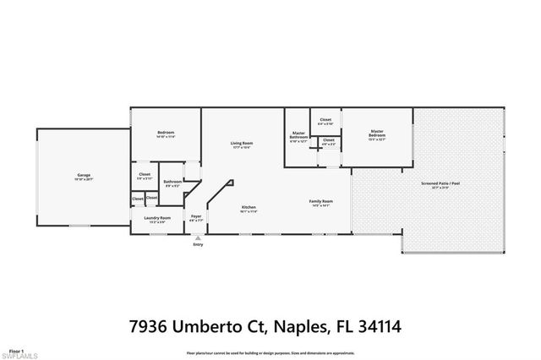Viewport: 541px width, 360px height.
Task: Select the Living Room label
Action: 243,145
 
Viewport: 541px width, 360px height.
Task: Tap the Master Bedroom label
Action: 377,134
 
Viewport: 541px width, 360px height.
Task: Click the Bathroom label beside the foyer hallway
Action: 172,183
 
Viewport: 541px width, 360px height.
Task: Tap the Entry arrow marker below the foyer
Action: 198,238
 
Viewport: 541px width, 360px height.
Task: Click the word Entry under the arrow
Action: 198,245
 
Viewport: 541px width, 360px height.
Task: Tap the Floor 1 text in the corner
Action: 16,348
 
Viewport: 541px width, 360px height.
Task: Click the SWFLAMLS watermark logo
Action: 19,354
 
